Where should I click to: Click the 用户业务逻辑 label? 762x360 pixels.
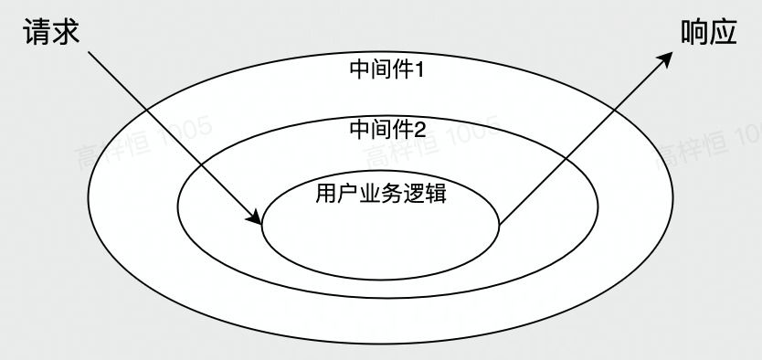[381, 194]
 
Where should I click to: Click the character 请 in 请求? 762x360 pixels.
[35, 33]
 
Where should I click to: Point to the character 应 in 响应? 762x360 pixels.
[725, 33]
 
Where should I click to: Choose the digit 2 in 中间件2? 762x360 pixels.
[420, 128]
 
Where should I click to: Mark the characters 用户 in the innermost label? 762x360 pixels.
[333, 194]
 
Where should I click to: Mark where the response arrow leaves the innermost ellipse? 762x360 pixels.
[501, 222]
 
